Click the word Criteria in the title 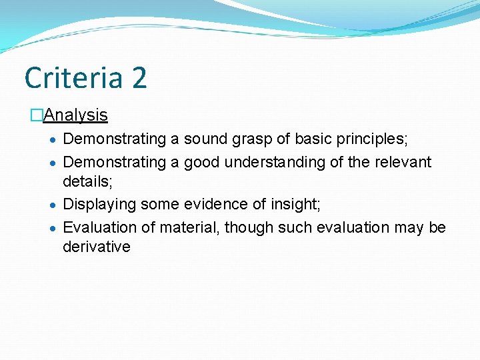(74, 77)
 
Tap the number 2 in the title (139, 77)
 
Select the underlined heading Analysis (75, 115)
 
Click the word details (87, 181)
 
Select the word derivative (96, 247)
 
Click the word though (249, 227)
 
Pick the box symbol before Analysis (36, 115)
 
